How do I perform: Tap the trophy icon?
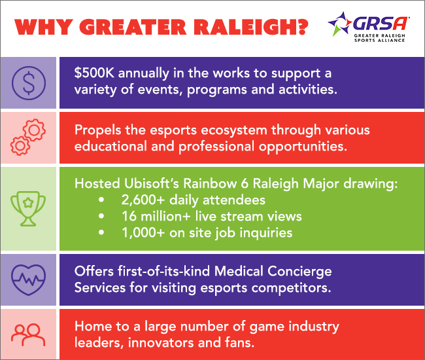[28, 209]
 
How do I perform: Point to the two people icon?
[28, 334]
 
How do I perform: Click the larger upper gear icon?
[34, 130]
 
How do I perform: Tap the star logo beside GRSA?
[340, 24]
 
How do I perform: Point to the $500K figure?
[94, 73]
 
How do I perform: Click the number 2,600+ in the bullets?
[143, 200]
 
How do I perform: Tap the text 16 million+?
[156, 217]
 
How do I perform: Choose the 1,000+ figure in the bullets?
[143, 233]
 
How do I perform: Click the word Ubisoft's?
[152, 183]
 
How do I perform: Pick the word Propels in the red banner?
[98, 130]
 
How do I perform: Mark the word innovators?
[161, 342]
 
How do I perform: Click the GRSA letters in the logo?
[380, 24]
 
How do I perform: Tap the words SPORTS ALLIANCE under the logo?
[379, 40]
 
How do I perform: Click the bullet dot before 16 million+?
[101, 216]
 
